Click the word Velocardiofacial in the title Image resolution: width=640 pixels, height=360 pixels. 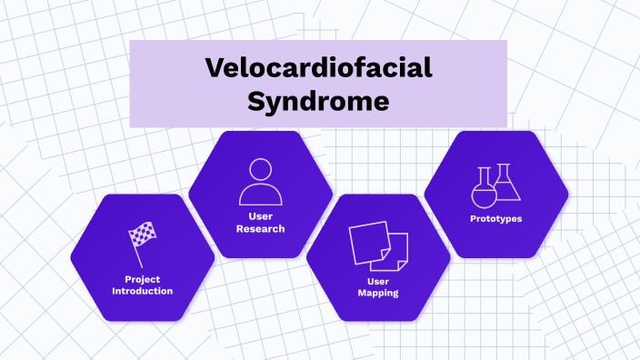[318, 68]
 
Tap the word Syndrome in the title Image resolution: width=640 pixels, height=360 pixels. [318, 99]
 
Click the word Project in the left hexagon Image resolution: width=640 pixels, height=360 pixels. [142, 279]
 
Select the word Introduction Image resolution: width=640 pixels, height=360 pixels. [142, 291]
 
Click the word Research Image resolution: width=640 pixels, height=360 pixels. [260, 228]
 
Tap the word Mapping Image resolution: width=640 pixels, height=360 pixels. [378, 293]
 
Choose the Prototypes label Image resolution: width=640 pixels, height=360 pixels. [496, 219]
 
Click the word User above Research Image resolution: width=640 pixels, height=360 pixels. [260, 215]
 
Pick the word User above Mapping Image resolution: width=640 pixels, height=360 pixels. [378, 281]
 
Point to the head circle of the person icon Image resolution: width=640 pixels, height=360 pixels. [260, 170]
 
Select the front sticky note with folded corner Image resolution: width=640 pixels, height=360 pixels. [393, 252]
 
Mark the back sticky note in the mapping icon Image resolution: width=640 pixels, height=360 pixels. [367, 238]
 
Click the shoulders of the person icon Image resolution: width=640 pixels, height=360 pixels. [260, 195]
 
